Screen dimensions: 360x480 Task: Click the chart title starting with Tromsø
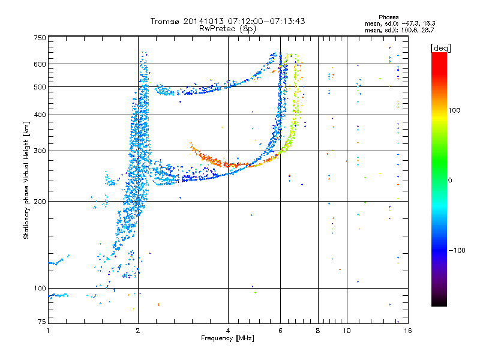(227, 21)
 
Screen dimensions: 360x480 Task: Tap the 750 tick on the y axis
(39, 38)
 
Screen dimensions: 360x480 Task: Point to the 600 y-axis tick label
(39, 64)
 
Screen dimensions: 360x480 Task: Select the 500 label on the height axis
(39, 87)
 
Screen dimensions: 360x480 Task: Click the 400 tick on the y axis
(39, 115)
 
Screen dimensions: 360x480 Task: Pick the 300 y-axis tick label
(39, 151)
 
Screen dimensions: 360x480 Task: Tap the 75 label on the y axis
(41, 323)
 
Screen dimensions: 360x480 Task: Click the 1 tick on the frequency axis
(48, 331)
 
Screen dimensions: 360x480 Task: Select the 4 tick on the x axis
(228, 331)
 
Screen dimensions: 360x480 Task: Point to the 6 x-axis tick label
(281, 331)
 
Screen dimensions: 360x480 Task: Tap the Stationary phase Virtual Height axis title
(26, 180)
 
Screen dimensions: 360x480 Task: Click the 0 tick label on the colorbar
(451, 180)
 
